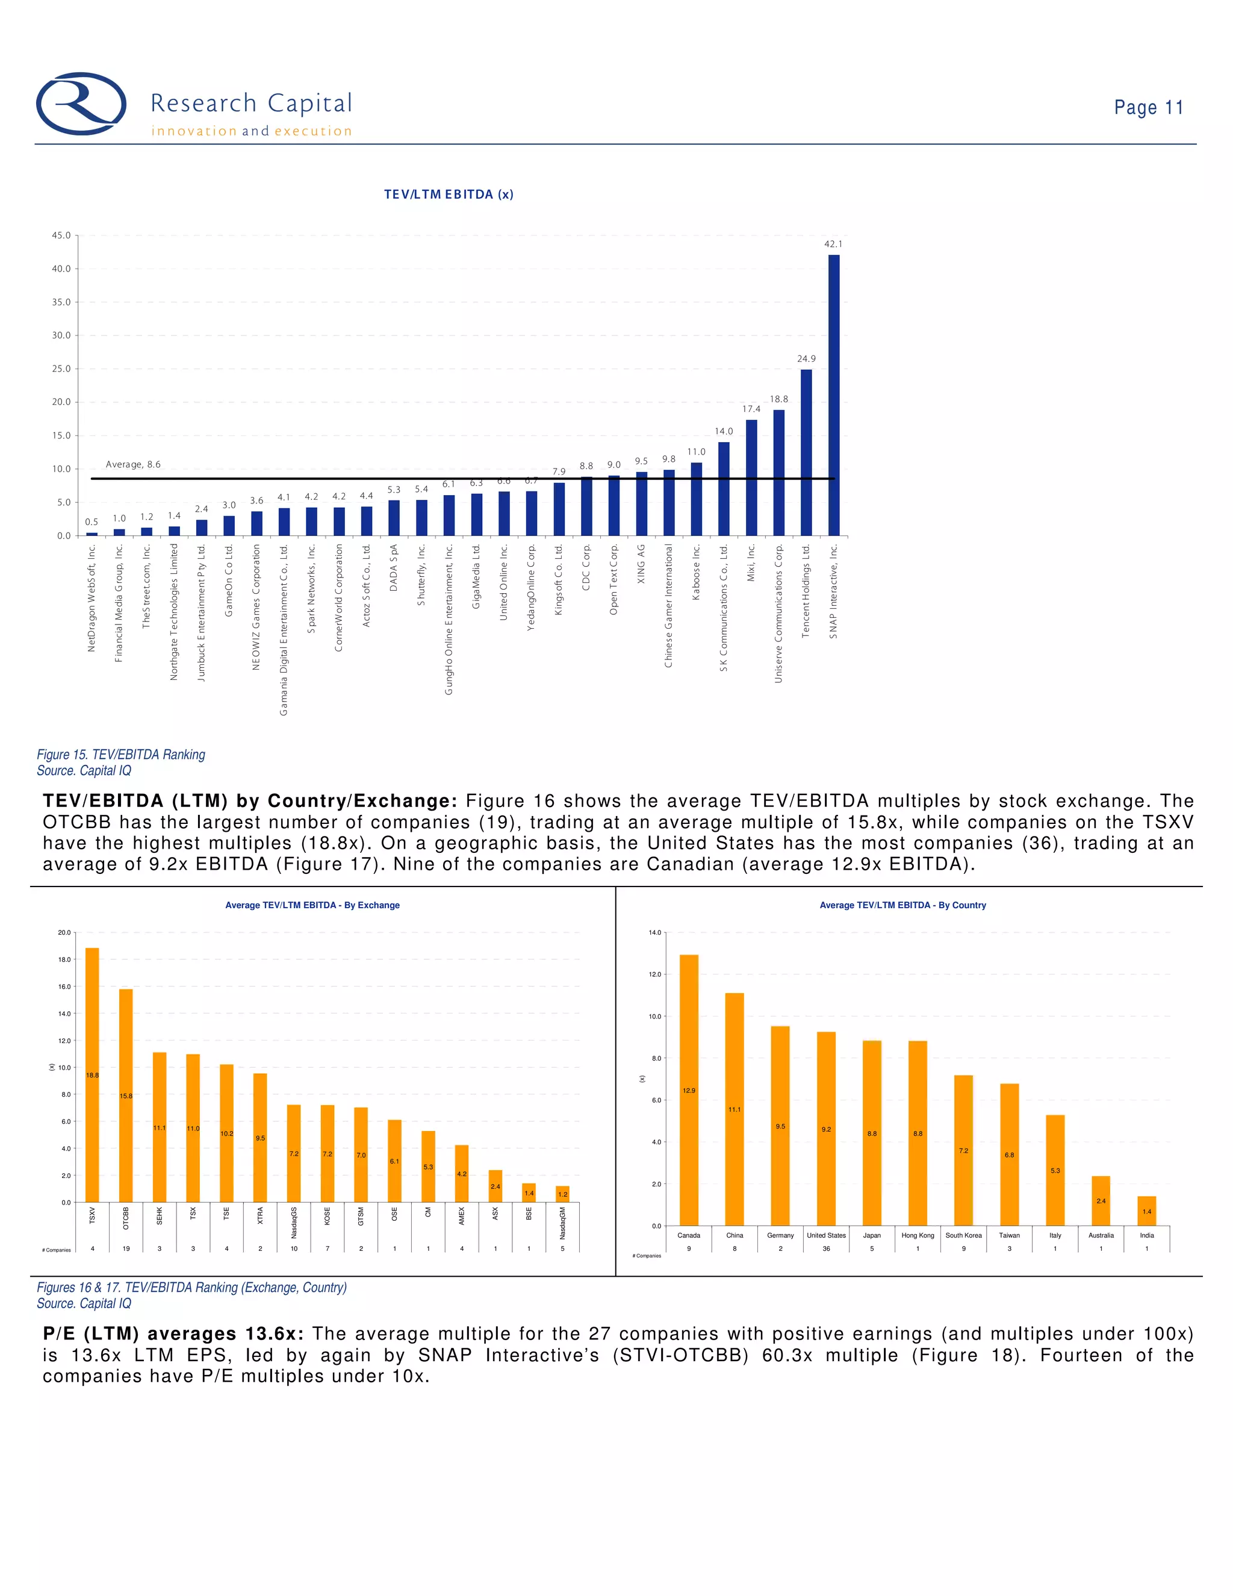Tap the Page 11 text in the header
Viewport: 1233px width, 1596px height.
pos(1148,108)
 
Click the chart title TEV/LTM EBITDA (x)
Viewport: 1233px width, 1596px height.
pos(449,195)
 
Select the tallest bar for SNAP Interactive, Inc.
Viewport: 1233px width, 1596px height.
pos(833,394)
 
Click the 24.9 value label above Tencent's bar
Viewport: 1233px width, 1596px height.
pos(806,359)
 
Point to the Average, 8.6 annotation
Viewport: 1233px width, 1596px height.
pos(133,465)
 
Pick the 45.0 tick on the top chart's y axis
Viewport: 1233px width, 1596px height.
pos(61,235)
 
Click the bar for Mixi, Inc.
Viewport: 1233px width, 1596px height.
pos(751,477)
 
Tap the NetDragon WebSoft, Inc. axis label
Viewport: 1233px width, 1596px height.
pos(92,598)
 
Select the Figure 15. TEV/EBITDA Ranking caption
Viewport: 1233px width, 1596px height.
pos(121,755)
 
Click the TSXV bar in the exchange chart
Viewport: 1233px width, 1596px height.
pos(92,1074)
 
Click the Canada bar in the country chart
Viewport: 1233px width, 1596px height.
pos(689,1089)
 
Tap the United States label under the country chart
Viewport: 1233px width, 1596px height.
pos(826,1236)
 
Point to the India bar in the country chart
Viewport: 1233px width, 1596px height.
pos(1147,1211)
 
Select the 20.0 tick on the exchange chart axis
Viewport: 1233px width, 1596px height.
pos(64,933)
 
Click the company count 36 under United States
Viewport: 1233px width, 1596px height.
pos(826,1249)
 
